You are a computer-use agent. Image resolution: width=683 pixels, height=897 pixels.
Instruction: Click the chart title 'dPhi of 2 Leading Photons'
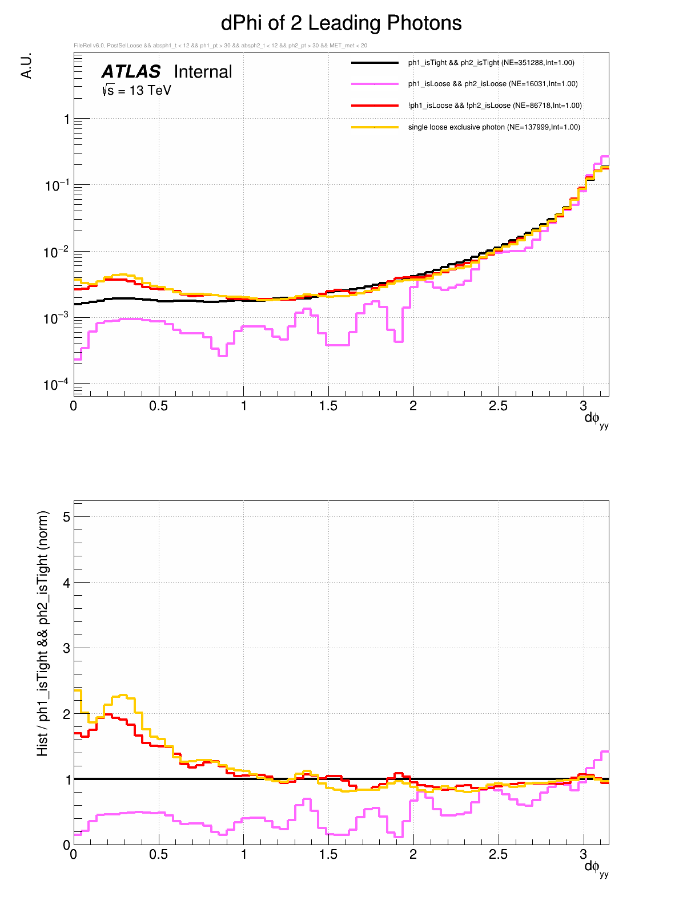(x=341, y=23)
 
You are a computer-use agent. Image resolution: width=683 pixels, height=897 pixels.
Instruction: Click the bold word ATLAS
(x=131, y=72)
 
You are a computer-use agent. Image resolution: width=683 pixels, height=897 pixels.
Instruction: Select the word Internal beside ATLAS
(x=203, y=72)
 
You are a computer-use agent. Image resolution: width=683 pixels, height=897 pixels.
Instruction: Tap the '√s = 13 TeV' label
(x=136, y=90)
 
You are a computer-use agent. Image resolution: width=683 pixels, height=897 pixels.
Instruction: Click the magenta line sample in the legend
(x=375, y=84)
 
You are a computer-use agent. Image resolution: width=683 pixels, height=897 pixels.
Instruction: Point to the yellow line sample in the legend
(x=375, y=127)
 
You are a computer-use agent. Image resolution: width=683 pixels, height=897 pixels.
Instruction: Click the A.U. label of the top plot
(x=26, y=66)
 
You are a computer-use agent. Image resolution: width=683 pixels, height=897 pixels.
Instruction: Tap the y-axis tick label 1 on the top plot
(x=67, y=119)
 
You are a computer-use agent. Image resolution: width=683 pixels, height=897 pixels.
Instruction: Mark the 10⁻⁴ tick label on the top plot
(x=56, y=385)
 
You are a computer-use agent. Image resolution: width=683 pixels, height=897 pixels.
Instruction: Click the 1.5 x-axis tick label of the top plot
(x=328, y=406)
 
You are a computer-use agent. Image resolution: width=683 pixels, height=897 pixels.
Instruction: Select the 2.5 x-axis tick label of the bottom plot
(x=498, y=854)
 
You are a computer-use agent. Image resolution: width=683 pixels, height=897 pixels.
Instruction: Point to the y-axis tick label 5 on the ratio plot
(x=67, y=517)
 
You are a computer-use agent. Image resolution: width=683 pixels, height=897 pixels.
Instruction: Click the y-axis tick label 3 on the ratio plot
(x=67, y=648)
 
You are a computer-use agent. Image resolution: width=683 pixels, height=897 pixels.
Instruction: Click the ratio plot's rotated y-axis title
(x=43, y=633)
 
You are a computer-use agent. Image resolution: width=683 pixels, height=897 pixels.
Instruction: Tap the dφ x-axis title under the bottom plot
(x=596, y=868)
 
